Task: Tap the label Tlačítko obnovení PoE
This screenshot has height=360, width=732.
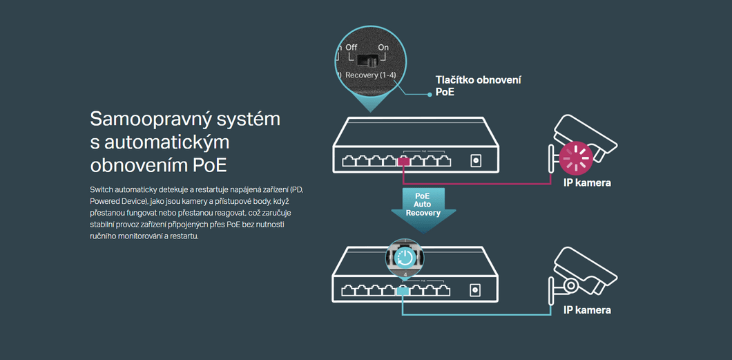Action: click(x=478, y=86)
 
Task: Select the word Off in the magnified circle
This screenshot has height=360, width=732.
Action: click(x=351, y=48)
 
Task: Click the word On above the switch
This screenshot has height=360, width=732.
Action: click(x=383, y=48)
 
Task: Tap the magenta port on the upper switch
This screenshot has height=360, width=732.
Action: click(x=403, y=162)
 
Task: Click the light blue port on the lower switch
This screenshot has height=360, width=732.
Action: click(x=403, y=291)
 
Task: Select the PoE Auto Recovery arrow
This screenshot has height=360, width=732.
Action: click(x=423, y=208)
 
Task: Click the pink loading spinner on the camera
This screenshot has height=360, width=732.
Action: click(x=576, y=158)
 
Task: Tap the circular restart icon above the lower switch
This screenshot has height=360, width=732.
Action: click(x=405, y=257)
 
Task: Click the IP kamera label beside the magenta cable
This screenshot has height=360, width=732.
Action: click(x=587, y=182)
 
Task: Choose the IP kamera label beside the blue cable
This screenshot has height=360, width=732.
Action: click(x=587, y=310)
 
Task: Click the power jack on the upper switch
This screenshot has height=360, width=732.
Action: click(x=476, y=160)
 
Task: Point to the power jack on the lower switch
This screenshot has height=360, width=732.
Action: click(x=475, y=290)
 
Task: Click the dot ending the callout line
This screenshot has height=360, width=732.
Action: click(x=430, y=95)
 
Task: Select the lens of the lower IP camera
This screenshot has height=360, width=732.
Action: click(x=570, y=285)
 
